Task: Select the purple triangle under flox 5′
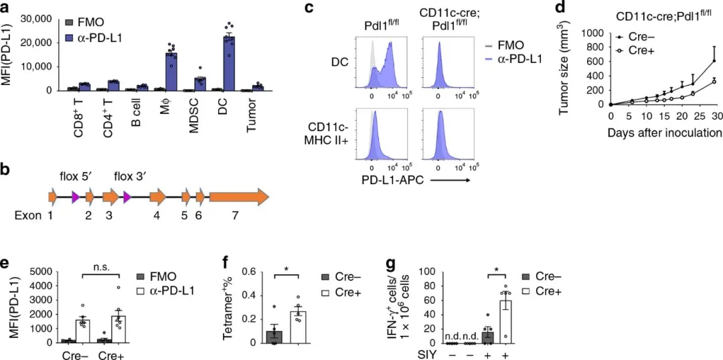(x=76, y=197)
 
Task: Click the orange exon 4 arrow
(x=158, y=197)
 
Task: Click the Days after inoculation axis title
(x=663, y=133)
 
